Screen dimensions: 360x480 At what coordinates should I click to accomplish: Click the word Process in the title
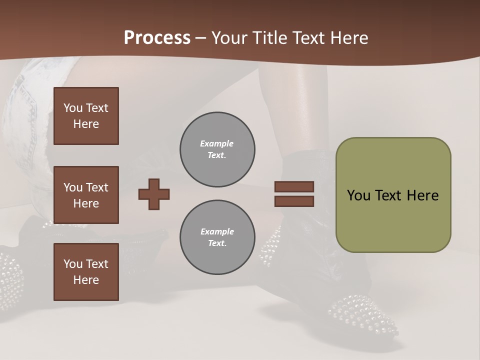157,38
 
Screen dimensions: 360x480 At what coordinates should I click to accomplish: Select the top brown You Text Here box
86,116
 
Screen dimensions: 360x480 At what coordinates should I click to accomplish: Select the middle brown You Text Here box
86,195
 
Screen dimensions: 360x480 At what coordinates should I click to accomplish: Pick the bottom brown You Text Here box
86,272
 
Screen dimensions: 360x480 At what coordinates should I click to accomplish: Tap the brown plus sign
154,194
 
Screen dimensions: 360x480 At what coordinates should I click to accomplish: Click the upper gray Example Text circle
217,149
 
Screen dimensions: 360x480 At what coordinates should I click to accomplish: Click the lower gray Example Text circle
217,237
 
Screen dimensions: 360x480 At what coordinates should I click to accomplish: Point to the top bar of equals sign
294,186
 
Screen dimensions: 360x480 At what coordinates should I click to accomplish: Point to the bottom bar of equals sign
294,201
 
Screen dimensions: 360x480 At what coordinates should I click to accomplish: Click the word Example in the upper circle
217,143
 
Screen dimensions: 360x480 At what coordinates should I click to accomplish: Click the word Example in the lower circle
217,231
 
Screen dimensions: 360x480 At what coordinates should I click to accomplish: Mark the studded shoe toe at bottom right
365,312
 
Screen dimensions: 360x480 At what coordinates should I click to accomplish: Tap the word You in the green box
358,195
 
